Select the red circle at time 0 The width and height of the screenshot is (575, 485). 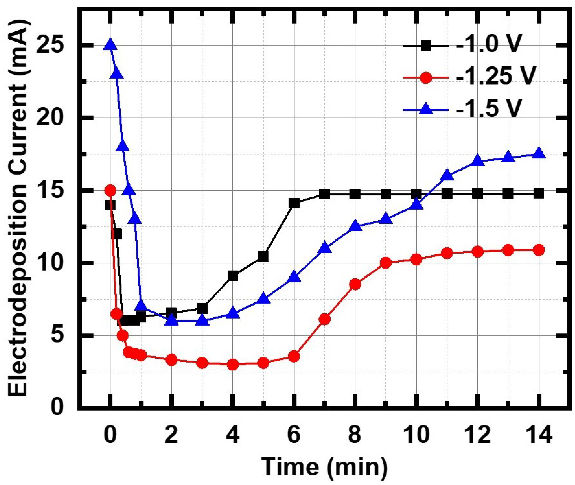(x=110, y=190)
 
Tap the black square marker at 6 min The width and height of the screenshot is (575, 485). (x=294, y=203)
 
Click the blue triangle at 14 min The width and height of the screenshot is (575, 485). (x=539, y=153)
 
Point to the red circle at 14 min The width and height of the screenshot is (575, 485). (x=539, y=250)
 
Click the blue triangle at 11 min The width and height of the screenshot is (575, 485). (x=447, y=175)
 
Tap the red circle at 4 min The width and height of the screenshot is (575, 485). (x=233, y=364)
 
